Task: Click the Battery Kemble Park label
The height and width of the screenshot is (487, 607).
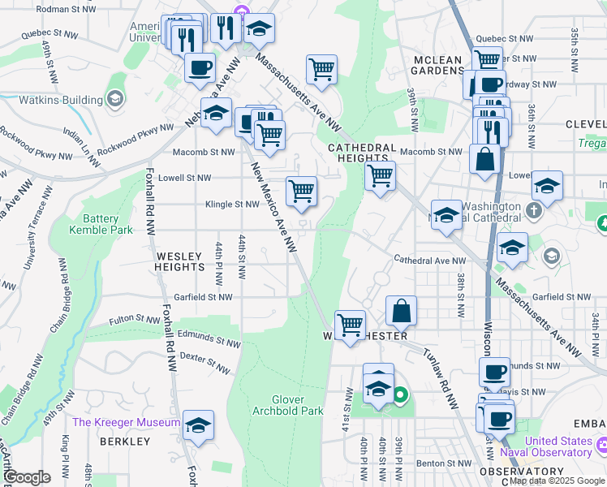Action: (101, 224)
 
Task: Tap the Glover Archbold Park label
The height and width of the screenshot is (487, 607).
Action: (299, 405)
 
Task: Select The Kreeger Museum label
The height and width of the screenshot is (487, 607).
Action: (126, 422)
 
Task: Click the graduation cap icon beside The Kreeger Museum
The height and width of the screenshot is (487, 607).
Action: (198, 426)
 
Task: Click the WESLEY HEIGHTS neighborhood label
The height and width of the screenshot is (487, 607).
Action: (179, 261)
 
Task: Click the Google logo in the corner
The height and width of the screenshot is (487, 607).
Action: (26, 477)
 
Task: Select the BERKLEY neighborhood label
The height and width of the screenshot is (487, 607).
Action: (125, 442)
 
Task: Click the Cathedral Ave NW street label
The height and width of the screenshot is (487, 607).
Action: (430, 261)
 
